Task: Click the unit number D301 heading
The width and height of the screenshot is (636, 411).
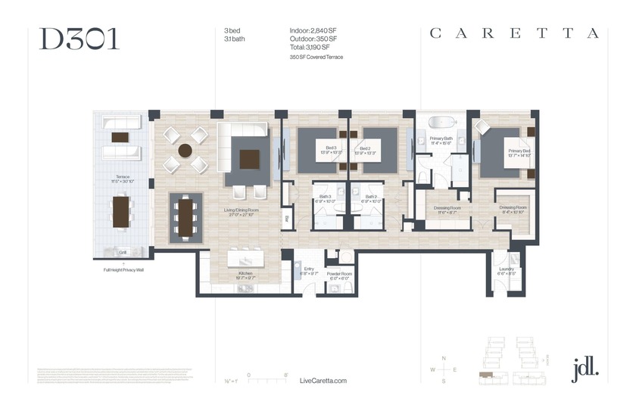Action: [x=79, y=39]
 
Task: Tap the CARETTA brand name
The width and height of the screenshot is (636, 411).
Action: [x=514, y=33]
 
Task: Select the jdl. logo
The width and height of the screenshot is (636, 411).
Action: [x=585, y=369]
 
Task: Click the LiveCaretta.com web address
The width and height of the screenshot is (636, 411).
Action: [x=323, y=381]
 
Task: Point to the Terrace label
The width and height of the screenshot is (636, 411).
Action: [x=123, y=178]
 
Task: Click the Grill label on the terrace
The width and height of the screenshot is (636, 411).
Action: [x=122, y=252]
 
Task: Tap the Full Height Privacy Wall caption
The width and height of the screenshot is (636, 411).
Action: [x=123, y=269]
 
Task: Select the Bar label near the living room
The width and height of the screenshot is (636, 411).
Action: [x=287, y=220]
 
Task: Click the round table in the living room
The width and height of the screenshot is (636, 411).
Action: [x=185, y=151]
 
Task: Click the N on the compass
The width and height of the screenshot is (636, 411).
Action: [x=444, y=357]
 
